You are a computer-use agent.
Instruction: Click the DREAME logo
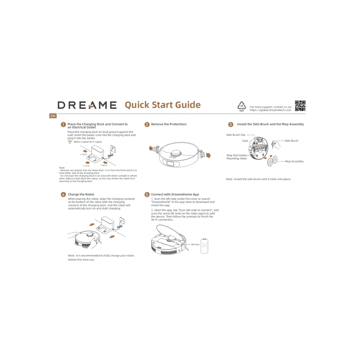[87, 105]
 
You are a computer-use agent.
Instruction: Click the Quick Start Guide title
[163, 105]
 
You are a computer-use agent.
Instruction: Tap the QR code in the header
[300, 106]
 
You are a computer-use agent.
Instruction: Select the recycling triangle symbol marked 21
[241, 105]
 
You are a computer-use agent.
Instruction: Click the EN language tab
[53, 116]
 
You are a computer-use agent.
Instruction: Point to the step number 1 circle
[63, 124]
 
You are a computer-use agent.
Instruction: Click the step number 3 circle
[230, 124]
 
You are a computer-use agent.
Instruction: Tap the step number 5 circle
[147, 194]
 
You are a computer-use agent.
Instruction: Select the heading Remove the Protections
[169, 124]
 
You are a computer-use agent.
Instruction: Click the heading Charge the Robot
[81, 194]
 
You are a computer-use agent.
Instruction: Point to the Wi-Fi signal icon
[70, 142]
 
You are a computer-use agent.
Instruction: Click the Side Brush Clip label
[236, 135]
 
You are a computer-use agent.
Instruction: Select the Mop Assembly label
[294, 161]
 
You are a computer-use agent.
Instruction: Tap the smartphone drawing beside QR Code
[204, 246]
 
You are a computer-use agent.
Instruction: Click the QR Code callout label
[195, 244]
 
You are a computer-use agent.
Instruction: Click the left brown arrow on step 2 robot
[151, 148]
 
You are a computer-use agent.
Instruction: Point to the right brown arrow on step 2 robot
[208, 155]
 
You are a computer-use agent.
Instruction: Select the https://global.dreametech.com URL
[271, 110]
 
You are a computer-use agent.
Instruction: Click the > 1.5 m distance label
[86, 166]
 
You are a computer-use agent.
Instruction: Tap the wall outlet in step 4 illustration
[122, 221]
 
